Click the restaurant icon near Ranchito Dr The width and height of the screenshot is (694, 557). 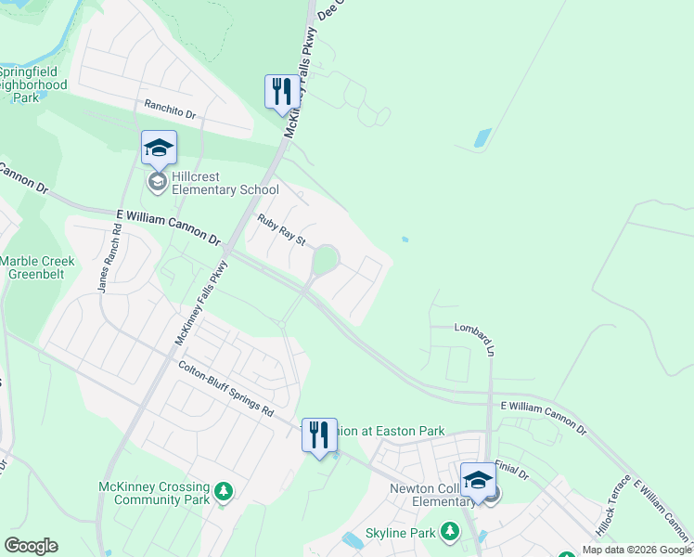click(281, 92)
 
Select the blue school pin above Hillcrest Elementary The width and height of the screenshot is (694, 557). click(159, 148)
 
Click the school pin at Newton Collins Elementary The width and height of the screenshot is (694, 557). click(478, 480)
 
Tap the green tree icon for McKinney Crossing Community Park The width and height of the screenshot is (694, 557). click(223, 491)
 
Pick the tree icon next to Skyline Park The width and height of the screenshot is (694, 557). click(450, 531)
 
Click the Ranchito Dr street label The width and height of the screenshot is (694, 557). click(171, 110)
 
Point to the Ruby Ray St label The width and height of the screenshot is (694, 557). click(281, 229)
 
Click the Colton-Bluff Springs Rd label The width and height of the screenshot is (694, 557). click(227, 389)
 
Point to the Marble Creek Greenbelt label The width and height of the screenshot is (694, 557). click(37, 268)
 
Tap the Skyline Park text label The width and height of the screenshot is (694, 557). click(400, 533)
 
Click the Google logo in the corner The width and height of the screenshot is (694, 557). click(31, 546)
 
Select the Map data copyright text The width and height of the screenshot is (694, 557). click(636, 550)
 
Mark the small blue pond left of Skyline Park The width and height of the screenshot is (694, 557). click(353, 540)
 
